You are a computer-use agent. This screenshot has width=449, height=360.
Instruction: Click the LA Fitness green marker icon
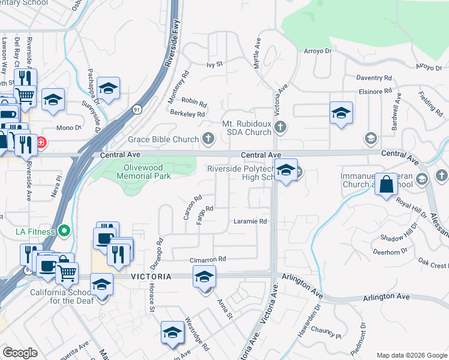(x=66, y=232)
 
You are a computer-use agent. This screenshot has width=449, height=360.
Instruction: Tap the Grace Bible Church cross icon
(x=208, y=140)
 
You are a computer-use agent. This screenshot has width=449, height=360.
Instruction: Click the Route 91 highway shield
(x=137, y=110)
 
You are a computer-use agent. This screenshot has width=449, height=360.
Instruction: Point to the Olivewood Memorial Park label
(x=147, y=172)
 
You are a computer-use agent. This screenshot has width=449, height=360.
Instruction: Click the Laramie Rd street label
(x=250, y=221)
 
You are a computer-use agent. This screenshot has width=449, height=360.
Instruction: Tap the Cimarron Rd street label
(x=208, y=259)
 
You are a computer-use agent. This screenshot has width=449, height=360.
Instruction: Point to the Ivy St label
(x=214, y=64)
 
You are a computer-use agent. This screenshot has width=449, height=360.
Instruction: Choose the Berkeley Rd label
(x=187, y=113)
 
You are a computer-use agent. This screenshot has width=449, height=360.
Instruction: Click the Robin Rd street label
(x=193, y=102)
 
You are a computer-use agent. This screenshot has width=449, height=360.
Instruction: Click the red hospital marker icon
(x=41, y=143)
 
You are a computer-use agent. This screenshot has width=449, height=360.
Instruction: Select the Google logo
(x=20, y=353)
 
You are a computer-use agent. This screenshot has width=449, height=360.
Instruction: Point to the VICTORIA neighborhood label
(x=151, y=276)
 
